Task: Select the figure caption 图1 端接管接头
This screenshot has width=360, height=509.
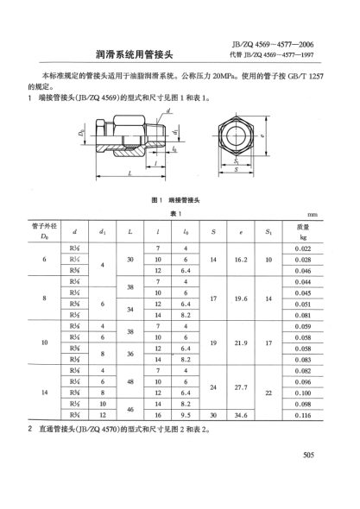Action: coord(177,199)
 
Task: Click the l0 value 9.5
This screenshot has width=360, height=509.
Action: coord(186,415)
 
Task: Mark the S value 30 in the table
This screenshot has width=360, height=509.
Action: coord(212,415)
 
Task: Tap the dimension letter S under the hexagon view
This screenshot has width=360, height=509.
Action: coord(235,171)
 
